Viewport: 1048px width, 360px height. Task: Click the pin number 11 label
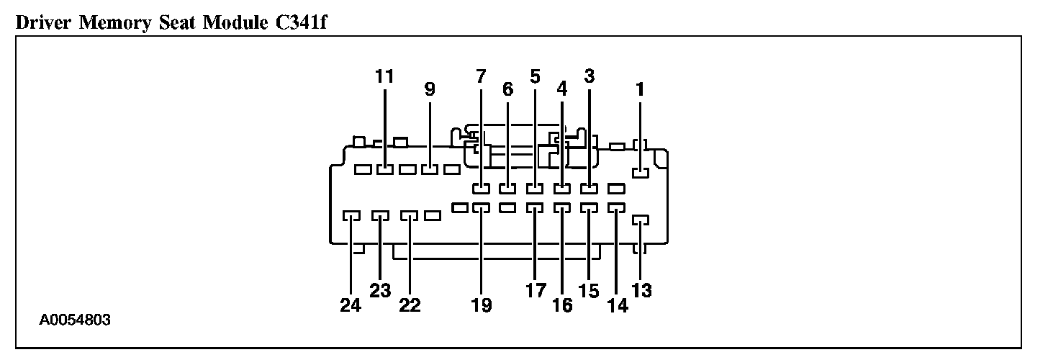385,76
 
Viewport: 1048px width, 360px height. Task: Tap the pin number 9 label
430,90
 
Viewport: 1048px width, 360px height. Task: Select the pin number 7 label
481,76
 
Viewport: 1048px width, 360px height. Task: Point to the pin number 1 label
640,90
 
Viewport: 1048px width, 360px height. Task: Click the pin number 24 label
351,305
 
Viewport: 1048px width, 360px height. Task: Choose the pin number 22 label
410,305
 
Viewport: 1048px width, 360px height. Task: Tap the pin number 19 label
482,305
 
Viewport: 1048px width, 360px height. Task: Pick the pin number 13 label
642,291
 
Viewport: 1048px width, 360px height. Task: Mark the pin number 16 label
562,305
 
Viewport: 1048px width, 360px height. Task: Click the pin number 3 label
589,76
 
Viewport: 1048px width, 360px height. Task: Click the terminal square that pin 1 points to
640,172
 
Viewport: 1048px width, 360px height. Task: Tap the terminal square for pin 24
351,215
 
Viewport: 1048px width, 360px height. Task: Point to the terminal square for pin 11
385,170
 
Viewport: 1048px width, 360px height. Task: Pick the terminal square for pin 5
535,189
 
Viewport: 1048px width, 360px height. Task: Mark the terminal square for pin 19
482,208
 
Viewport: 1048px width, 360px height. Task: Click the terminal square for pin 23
380,215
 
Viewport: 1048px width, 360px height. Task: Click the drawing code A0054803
76,319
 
